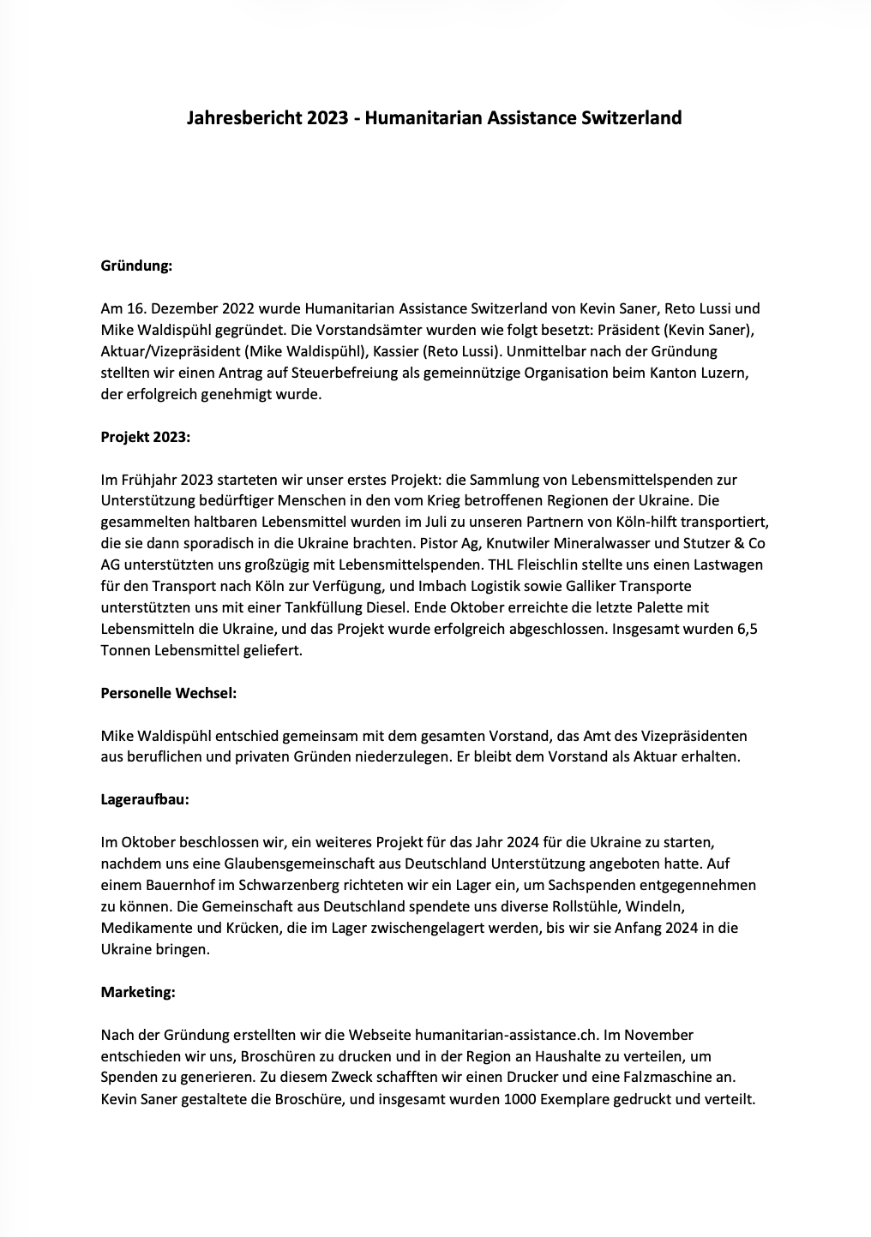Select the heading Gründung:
coord(137,266)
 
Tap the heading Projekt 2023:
coord(146,437)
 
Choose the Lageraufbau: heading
coord(145,799)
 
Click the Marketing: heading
coord(138,992)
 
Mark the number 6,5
coord(747,629)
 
